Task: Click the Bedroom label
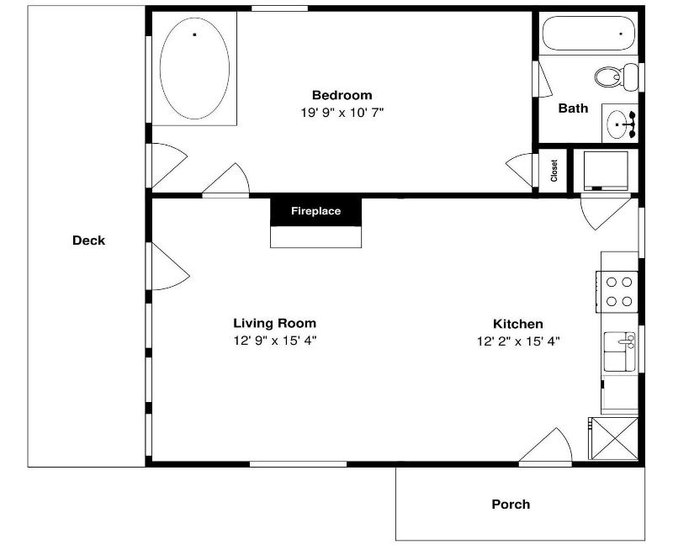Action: point(342,95)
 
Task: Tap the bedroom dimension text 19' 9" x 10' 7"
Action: point(342,113)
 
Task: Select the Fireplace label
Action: point(316,211)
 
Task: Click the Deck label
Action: point(88,240)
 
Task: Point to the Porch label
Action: point(511,504)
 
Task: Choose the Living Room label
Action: point(275,323)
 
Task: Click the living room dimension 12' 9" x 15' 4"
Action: point(275,341)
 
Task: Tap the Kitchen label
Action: point(517,324)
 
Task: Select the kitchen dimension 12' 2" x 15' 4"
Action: point(518,341)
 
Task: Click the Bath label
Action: point(573,108)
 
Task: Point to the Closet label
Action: point(554,171)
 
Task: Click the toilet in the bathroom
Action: point(617,77)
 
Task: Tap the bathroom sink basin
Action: point(617,124)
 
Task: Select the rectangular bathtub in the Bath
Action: point(588,34)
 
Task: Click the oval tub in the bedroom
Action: point(194,68)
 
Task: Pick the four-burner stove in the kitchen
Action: point(617,292)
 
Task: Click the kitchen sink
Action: point(619,351)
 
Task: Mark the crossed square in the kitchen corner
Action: point(613,438)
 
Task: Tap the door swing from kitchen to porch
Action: point(545,446)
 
